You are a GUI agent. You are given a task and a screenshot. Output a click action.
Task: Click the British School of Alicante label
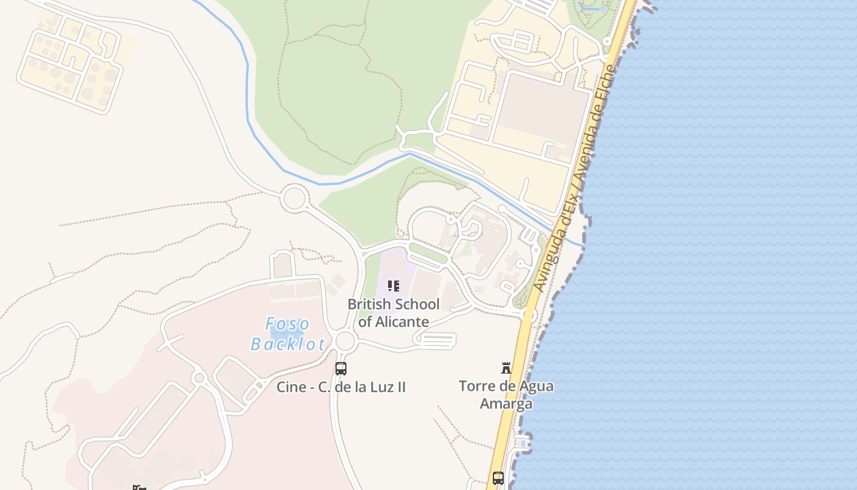[394, 312]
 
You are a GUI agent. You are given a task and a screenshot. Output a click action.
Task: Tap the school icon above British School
[394, 286]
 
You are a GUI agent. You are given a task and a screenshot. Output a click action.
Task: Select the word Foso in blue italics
[288, 324]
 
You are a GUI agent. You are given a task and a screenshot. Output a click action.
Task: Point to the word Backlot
[288, 344]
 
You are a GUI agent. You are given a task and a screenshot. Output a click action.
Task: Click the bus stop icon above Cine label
[341, 369]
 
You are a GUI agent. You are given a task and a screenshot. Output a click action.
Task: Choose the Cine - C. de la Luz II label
[341, 387]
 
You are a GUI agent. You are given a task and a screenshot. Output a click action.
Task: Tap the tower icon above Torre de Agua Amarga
[506, 368]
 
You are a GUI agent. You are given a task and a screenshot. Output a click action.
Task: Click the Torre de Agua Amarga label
[506, 394]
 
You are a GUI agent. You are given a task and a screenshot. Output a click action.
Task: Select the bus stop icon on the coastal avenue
[498, 478]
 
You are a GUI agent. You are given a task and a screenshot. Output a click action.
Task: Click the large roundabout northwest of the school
[294, 198]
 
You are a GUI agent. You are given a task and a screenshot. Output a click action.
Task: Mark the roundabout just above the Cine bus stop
[345, 341]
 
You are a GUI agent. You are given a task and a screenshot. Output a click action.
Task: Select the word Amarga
[506, 404]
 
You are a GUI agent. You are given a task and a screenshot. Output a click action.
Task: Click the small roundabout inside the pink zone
[198, 378]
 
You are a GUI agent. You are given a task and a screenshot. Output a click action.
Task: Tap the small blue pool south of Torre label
[522, 442]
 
